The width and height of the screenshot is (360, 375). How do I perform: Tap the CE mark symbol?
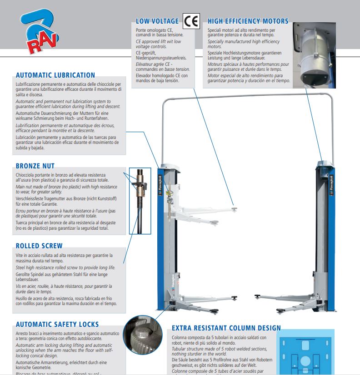[x=191, y=20]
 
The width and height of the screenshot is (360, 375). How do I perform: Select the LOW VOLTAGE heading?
[x=157, y=21]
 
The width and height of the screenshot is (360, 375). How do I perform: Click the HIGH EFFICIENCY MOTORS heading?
[x=248, y=21]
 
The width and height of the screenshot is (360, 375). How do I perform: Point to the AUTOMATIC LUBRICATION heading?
[x=55, y=75]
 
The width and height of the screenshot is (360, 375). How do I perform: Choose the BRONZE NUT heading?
[x=38, y=166]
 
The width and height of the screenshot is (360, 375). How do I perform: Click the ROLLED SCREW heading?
[x=39, y=246]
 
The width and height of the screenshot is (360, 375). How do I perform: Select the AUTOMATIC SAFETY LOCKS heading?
[x=57, y=325]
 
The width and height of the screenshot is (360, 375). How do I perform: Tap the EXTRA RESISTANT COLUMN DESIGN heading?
[x=226, y=328]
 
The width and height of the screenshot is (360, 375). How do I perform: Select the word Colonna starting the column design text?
[x=181, y=338]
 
